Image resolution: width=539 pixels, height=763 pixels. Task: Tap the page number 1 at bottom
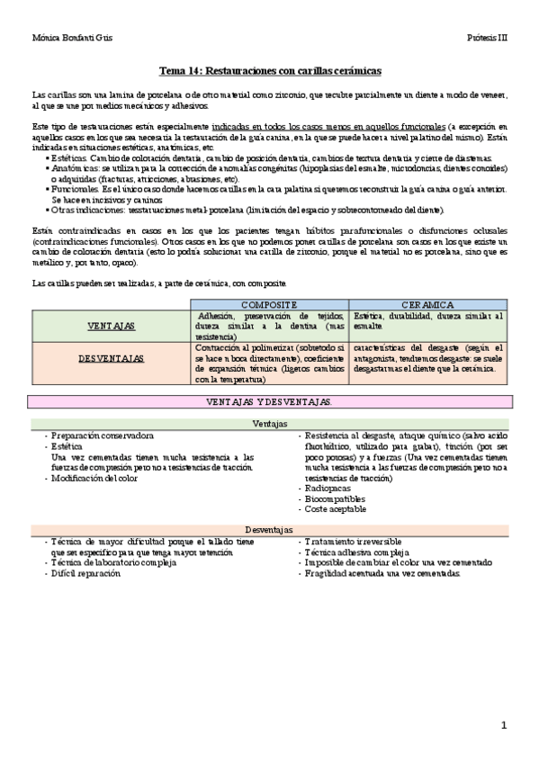[504, 725]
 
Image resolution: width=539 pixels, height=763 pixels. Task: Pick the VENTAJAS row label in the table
[112, 325]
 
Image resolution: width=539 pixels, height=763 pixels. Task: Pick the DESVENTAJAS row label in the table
[112, 357]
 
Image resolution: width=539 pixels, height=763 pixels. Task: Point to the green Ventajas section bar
[269, 423]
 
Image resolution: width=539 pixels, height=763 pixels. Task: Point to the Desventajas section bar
[269, 530]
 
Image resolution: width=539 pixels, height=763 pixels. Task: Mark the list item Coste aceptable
[335, 508]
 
